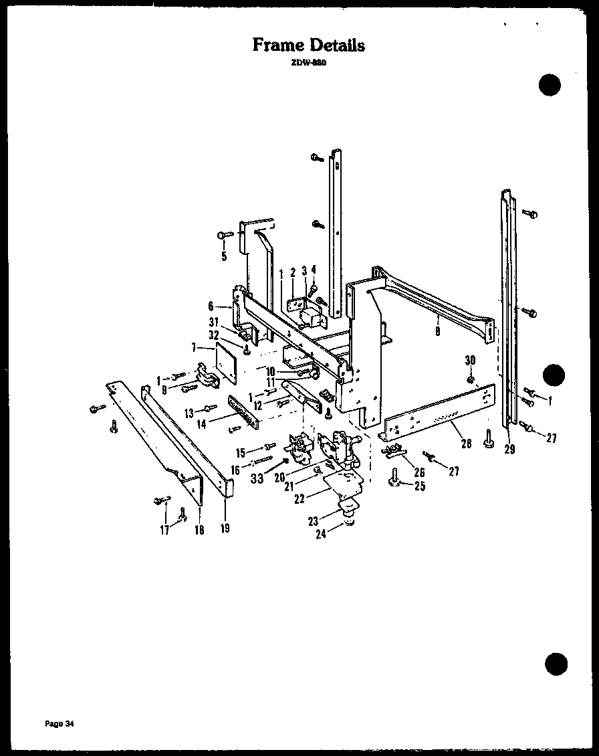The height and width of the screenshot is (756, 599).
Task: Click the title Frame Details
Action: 309,45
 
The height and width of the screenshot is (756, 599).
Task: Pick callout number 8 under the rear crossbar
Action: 437,330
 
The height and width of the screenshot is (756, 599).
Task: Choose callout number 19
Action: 225,529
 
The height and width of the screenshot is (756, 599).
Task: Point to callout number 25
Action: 419,486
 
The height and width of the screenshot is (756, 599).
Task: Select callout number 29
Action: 509,449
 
